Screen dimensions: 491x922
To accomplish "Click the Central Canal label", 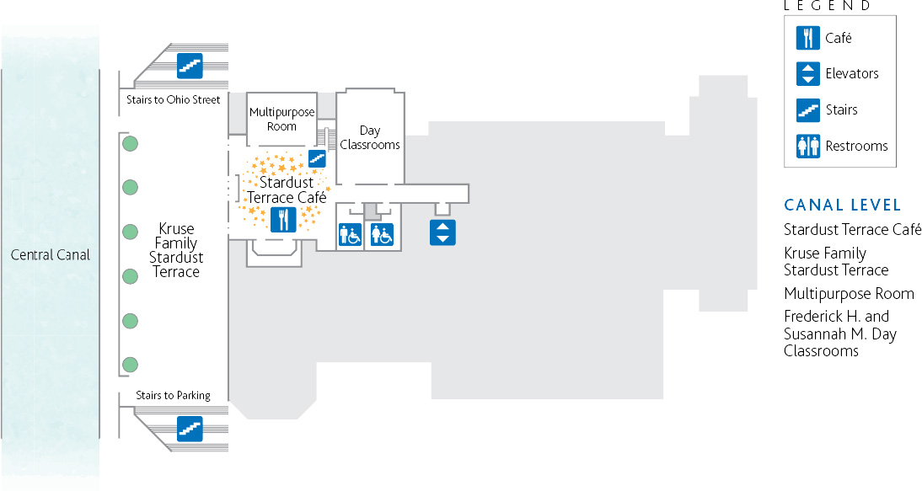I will coord(50,255).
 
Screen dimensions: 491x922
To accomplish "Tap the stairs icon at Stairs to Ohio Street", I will coord(190,66).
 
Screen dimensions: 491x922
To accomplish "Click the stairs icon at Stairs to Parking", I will coord(190,429).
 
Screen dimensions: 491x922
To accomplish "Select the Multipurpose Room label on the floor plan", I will coord(282,120).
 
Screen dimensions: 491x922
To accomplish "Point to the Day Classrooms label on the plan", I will coord(370,137).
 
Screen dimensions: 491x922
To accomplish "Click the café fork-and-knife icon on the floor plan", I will coord(283,220).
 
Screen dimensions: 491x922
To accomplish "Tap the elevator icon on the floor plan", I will coord(442,232).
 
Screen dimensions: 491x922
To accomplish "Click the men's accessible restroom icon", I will coord(350,235).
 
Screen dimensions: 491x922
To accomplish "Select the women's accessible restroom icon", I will coord(382,235).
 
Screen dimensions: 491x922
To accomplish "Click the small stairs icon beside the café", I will coord(317,158).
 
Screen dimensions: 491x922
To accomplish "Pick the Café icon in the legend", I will coord(808,38).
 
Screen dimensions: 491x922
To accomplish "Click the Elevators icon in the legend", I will coord(808,74).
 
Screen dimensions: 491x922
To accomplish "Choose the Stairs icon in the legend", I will coord(808,110).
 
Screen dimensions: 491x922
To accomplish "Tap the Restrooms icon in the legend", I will coord(808,147).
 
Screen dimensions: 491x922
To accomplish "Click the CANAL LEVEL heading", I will coord(843,205).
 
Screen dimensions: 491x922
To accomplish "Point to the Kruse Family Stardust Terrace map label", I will coord(176,250).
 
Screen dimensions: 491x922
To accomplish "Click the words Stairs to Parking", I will coord(173,396).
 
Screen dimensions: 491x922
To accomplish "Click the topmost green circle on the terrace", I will coord(130,143).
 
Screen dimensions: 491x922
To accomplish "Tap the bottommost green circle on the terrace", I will coord(130,365).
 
